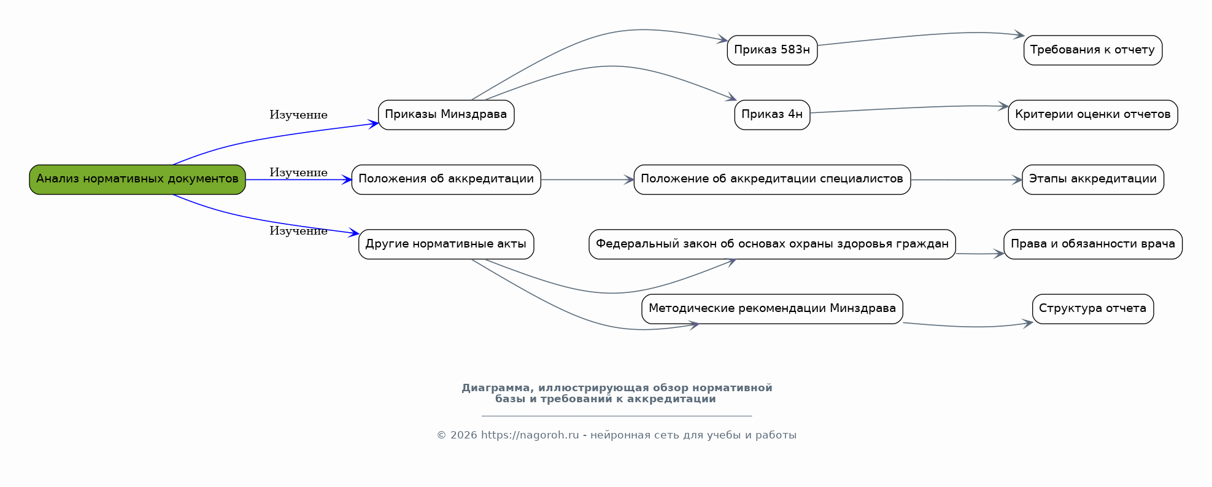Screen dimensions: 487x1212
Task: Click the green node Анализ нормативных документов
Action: coord(137,179)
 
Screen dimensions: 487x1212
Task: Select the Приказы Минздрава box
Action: coord(446,115)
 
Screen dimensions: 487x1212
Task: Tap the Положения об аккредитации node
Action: coord(446,179)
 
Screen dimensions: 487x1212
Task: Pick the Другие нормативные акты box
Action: coord(446,244)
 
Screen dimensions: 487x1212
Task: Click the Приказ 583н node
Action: coord(772,50)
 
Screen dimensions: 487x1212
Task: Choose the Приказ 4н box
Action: coord(772,115)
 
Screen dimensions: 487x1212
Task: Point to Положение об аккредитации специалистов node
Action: coord(772,179)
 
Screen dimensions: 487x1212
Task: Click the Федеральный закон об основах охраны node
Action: coord(772,244)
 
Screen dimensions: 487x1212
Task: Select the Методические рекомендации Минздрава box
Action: coord(772,309)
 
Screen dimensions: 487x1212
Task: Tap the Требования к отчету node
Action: coord(1092,50)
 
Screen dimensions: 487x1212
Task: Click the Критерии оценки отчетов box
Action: coord(1092,115)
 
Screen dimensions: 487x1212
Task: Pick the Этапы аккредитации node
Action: coord(1092,179)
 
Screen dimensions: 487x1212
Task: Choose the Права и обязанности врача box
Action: coord(1092,244)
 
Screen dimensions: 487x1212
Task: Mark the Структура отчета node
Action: coord(1092,309)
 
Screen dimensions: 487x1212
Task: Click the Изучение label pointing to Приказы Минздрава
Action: coord(298,115)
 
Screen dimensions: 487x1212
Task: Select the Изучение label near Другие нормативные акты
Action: coord(298,232)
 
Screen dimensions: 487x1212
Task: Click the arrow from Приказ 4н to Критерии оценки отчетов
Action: coord(908,108)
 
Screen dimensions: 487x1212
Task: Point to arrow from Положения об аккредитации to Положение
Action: coord(587,180)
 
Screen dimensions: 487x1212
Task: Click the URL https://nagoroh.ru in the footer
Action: coord(530,435)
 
